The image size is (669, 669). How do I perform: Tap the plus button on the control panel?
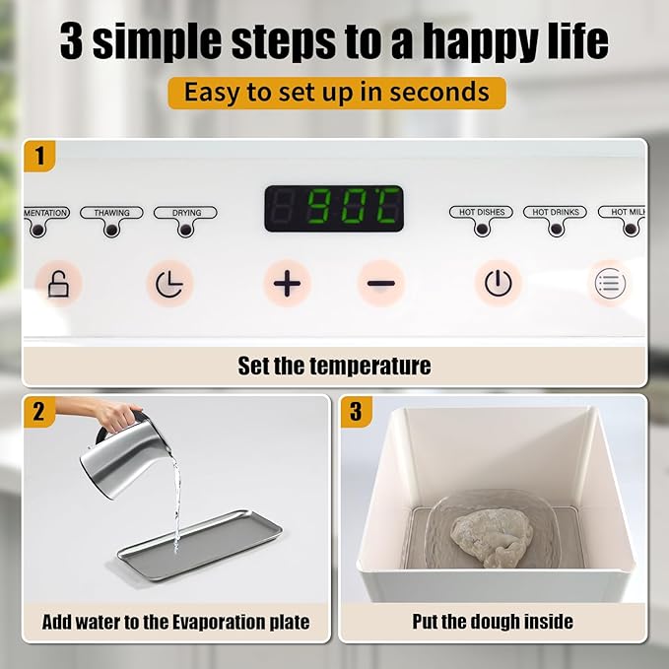click(287, 284)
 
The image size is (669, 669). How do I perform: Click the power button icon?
click(499, 284)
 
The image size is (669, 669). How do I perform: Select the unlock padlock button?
click(59, 284)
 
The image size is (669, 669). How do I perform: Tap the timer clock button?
click(168, 284)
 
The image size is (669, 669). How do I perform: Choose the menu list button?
click(610, 284)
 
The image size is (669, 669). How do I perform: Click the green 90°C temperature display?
click(334, 209)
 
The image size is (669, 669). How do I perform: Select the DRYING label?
click(186, 213)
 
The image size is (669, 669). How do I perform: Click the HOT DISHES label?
click(481, 212)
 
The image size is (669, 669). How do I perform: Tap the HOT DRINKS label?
click(555, 212)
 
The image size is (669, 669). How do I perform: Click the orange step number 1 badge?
click(39, 155)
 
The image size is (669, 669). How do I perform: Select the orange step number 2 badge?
click(39, 412)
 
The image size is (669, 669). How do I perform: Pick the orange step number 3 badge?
click(357, 412)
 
